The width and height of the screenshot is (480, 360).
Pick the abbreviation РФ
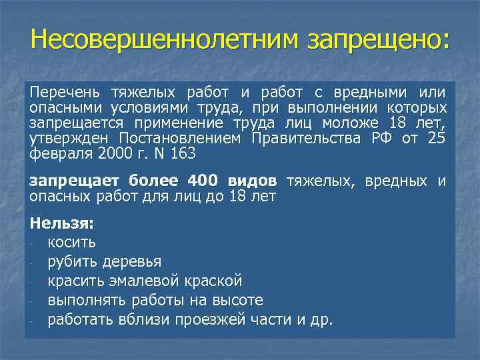[x=383, y=138]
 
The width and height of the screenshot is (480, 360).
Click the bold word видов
[x=251, y=181]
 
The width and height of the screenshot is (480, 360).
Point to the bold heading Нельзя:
[x=62, y=225]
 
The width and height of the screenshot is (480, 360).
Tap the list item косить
[x=71, y=242]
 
